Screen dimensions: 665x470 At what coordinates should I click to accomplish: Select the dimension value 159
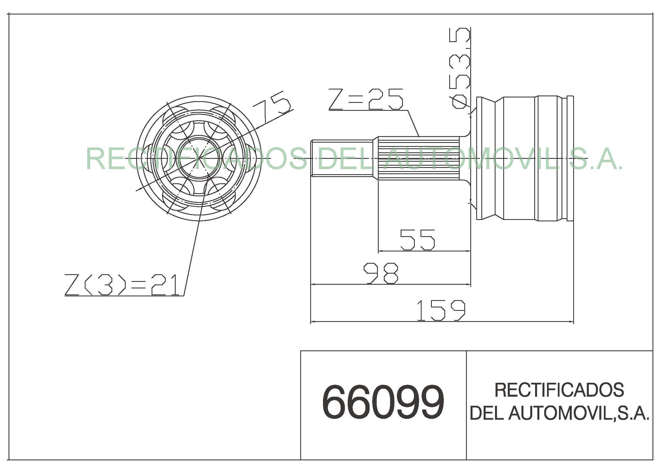(x=441, y=311)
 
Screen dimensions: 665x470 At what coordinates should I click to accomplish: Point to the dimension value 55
(x=417, y=240)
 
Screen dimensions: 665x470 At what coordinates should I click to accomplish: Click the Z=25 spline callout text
(x=366, y=99)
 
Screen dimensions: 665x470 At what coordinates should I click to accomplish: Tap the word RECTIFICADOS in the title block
(x=559, y=390)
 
